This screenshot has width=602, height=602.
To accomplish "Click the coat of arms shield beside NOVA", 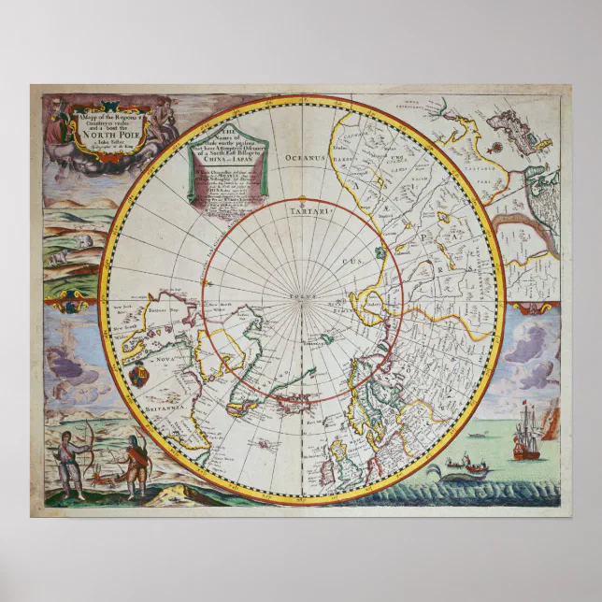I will point(137,378).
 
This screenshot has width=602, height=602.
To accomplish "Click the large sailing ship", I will point(528,433).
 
